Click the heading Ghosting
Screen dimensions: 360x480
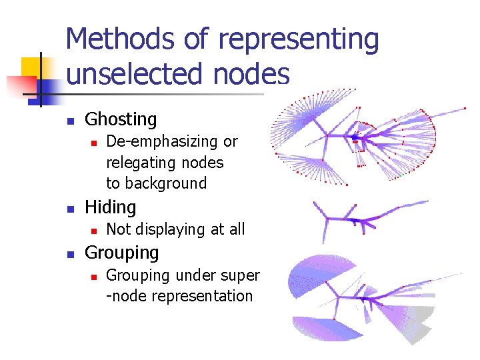tap(121, 120)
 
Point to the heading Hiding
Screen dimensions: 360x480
tap(110, 207)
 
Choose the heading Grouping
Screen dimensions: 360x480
tap(122, 253)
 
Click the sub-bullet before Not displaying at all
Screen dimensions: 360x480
tap(95, 230)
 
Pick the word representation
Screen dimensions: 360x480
tap(203, 297)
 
